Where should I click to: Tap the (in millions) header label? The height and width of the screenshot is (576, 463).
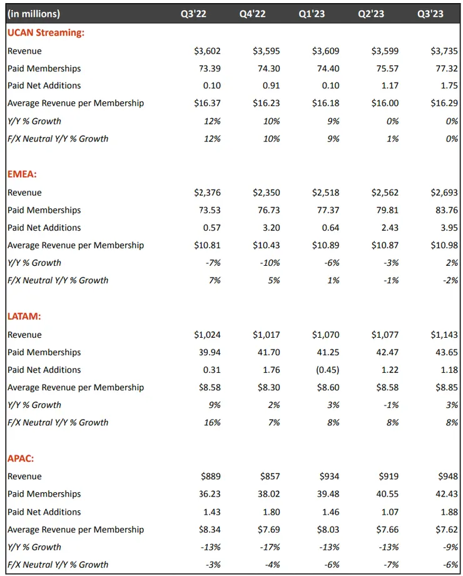[x=34, y=14]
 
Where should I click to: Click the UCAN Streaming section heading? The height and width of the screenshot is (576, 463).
[x=46, y=33]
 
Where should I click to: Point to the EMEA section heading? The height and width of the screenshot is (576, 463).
[x=22, y=174]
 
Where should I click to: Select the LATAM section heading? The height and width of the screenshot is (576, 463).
[x=24, y=317]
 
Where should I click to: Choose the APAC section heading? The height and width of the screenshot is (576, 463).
[x=22, y=459]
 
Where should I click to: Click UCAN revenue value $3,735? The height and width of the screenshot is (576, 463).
[x=445, y=51]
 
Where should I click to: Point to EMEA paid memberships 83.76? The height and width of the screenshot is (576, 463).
[x=447, y=210]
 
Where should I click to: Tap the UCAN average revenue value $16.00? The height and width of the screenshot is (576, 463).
[x=384, y=103]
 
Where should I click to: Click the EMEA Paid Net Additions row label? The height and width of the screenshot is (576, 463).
[x=44, y=228]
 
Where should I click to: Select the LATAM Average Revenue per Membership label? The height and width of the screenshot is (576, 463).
[x=75, y=387]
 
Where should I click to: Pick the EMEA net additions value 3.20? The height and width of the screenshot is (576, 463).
[x=270, y=228]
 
